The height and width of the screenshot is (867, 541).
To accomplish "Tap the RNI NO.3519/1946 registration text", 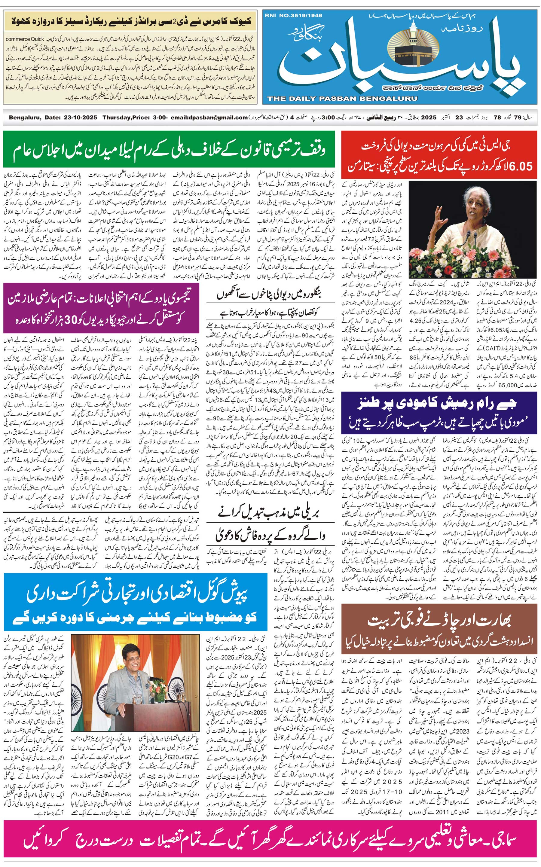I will tap(293, 15).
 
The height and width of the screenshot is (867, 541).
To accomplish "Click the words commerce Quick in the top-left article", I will tap(25, 39).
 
